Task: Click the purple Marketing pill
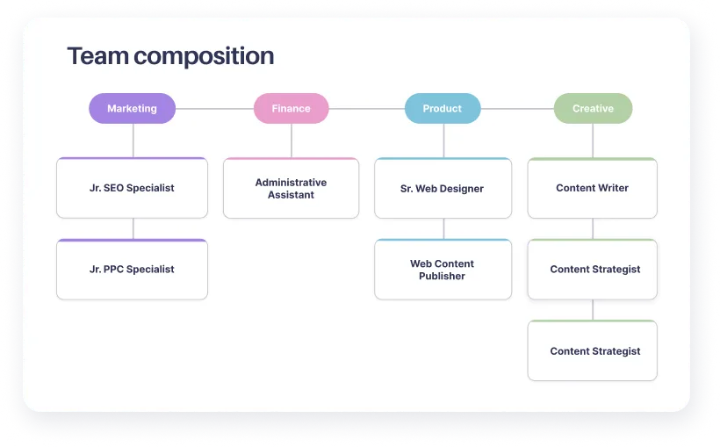click(x=132, y=109)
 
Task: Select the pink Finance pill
click(x=291, y=109)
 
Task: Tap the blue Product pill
click(x=442, y=109)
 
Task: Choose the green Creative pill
click(x=593, y=109)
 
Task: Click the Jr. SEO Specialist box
click(x=132, y=188)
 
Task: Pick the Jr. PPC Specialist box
click(x=132, y=270)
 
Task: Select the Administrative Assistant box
click(x=291, y=188)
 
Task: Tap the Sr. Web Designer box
click(x=442, y=188)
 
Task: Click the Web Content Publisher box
click(x=442, y=270)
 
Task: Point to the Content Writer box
click(x=592, y=188)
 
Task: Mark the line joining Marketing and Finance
click(x=214, y=109)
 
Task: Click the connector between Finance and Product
click(x=366, y=109)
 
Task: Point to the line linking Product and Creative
click(x=517, y=109)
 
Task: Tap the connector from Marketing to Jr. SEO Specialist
click(x=133, y=141)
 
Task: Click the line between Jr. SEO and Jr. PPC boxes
click(x=133, y=228)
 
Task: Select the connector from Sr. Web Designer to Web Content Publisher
click(x=443, y=228)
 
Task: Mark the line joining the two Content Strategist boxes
click(x=593, y=310)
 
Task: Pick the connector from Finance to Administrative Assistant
click(x=292, y=141)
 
